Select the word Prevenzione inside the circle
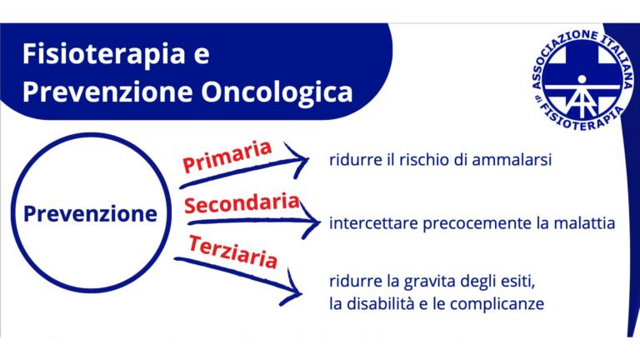point(90,214)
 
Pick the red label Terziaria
point(232,252)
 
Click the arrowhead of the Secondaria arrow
point(312,223)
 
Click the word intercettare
point(372,224)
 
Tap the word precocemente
point(473,224)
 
